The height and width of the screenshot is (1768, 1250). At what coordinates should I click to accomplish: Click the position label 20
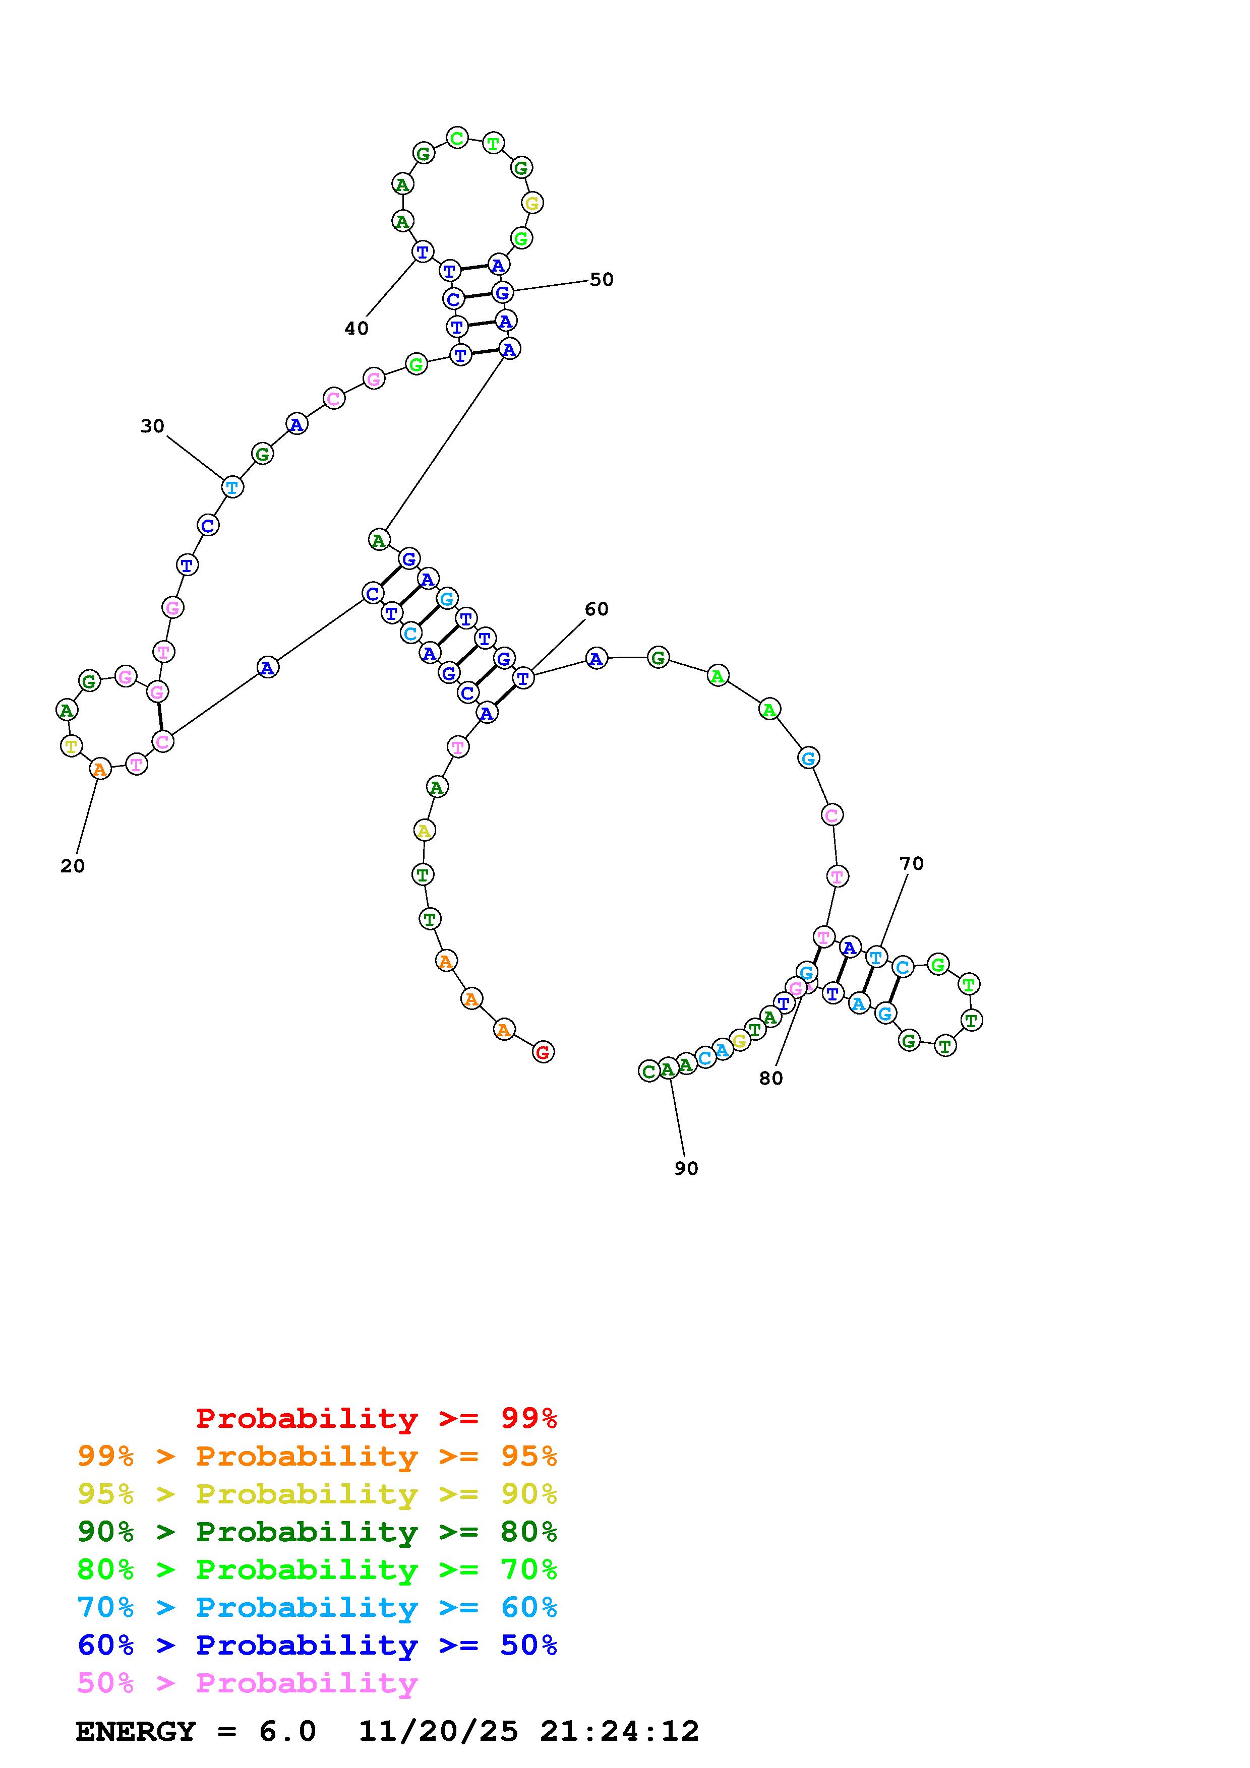point(73,866)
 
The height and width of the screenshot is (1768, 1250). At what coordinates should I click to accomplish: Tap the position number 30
point(152,426)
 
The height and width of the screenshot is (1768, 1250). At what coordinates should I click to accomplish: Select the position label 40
point(356,329)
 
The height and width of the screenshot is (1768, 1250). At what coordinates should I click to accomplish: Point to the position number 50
point(602,280)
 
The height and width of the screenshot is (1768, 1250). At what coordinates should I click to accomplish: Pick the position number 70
point(911,863)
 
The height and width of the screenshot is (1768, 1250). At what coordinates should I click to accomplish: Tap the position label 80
point(771,1078)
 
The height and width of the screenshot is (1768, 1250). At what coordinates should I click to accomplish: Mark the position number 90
point(686,1168)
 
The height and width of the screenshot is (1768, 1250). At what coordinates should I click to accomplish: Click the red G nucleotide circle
point(543,1052)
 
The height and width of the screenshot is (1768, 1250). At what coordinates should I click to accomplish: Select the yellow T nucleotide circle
point(72,745)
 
